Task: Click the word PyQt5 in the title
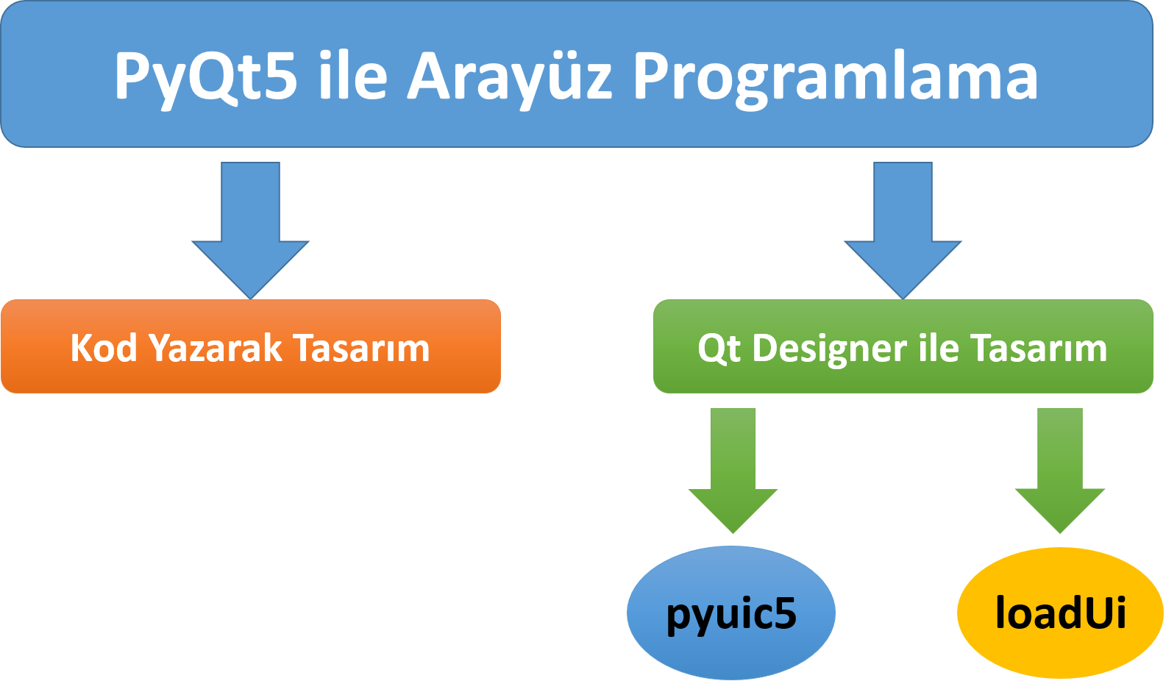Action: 205,76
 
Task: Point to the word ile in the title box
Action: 352,76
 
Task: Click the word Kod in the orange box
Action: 103,348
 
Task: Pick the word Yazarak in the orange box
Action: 216,348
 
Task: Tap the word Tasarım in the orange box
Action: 361,348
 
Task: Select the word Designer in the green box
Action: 830,349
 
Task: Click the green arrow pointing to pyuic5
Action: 733,474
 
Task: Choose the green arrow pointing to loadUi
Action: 1059,474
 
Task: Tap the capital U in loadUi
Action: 1095,613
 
